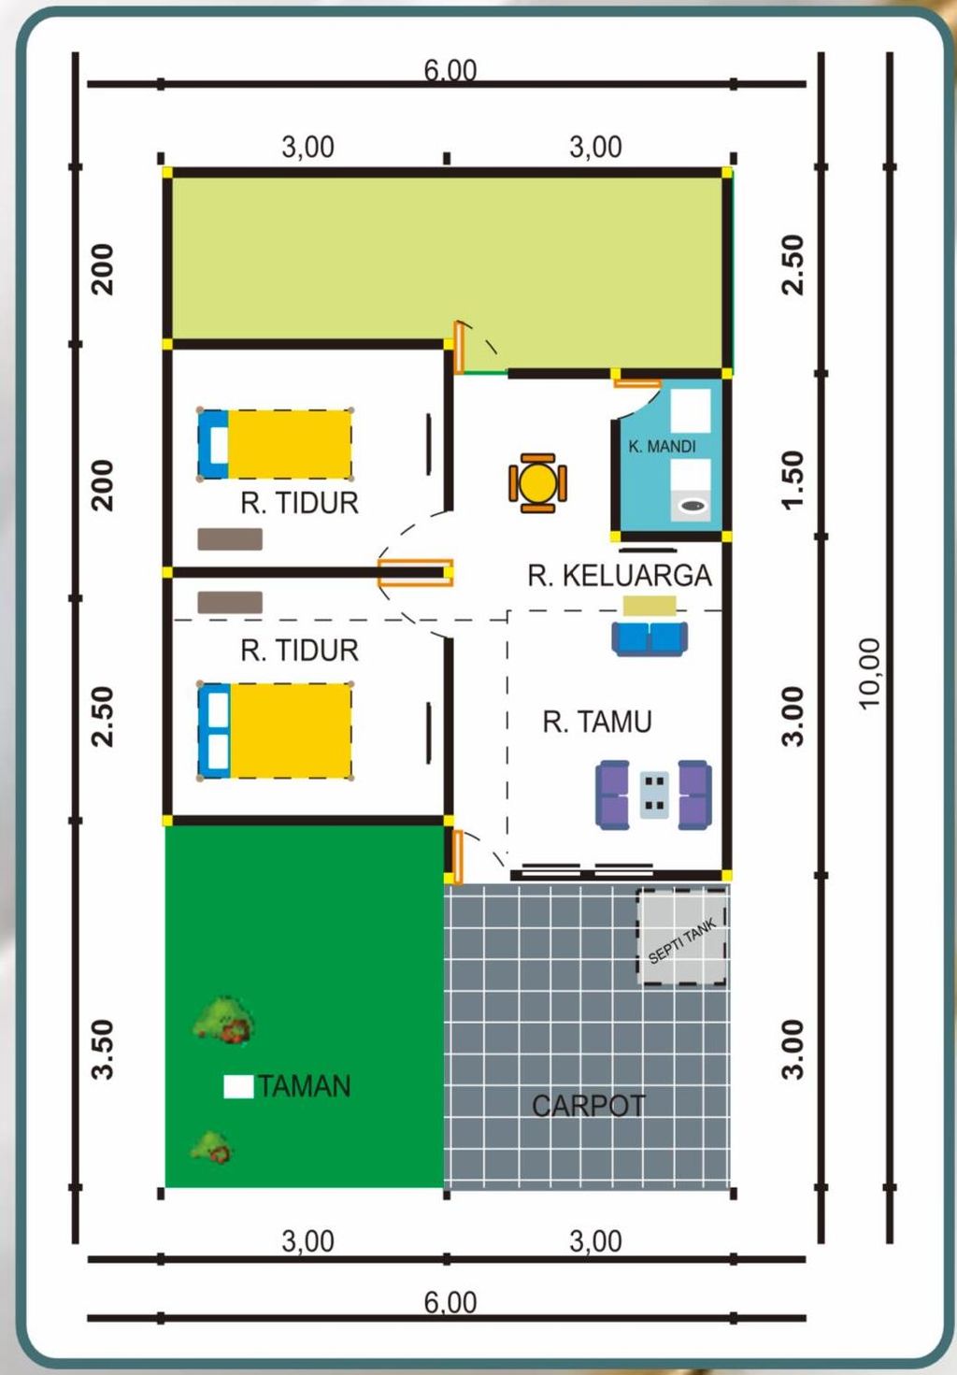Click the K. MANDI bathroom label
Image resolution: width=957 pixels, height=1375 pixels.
662,447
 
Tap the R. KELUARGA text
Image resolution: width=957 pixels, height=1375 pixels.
619,576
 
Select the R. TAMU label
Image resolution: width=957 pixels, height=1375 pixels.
596,722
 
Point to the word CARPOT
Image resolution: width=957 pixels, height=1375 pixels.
588,1106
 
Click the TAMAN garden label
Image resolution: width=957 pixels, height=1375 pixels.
304,1086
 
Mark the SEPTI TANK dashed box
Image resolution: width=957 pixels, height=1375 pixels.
682,937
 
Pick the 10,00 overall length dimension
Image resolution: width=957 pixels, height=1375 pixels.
869,673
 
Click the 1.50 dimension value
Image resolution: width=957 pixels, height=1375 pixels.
793,480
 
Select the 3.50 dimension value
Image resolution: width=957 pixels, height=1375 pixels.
102,1049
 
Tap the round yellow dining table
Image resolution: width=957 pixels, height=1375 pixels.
537,483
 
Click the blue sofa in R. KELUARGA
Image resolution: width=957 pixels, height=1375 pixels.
650,637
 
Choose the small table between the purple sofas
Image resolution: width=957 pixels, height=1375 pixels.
654,794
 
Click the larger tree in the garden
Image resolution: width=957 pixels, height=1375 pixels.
224,1020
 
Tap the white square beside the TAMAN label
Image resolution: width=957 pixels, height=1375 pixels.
238,1086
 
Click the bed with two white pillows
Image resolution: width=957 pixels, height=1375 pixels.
275,731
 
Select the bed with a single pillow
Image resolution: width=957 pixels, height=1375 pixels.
275,444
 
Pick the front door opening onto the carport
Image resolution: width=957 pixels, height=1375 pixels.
457,856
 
